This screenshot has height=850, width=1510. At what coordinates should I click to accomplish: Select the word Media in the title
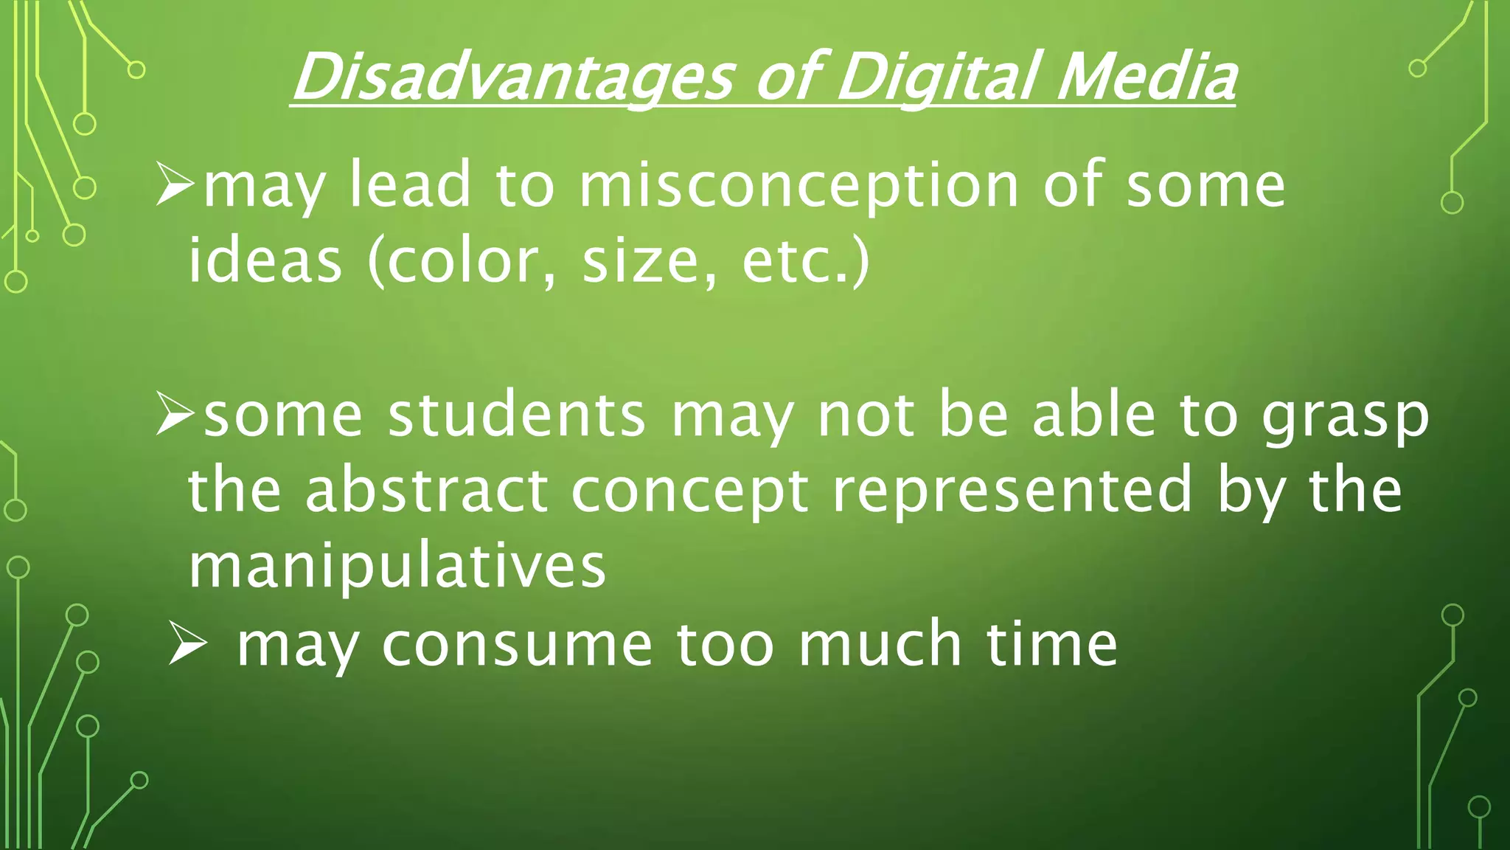coord(1146,77)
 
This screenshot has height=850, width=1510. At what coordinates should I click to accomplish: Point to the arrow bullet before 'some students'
coord(175,415)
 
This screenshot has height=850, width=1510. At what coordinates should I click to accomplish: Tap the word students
coord(517,415)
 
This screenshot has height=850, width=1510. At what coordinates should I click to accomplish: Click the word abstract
coord(427,490)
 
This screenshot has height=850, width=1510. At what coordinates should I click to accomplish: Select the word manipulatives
coord(397,567)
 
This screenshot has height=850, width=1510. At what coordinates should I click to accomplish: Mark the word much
coord(880,644)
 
